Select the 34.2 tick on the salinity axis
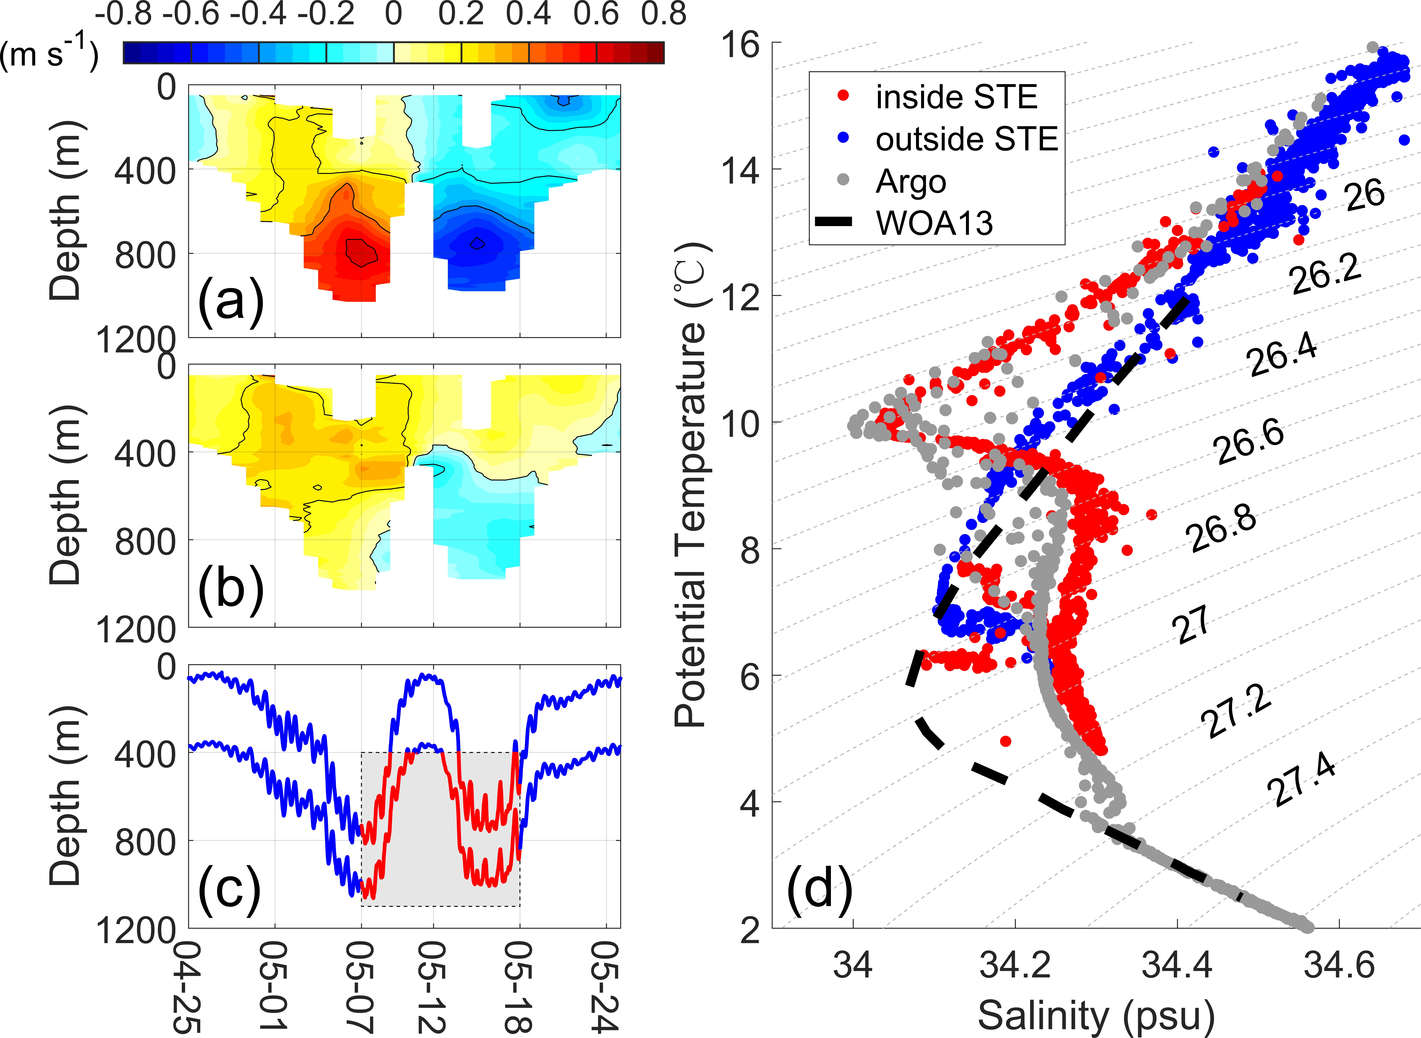tap(1015, 964)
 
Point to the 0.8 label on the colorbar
tap(663, 14)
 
